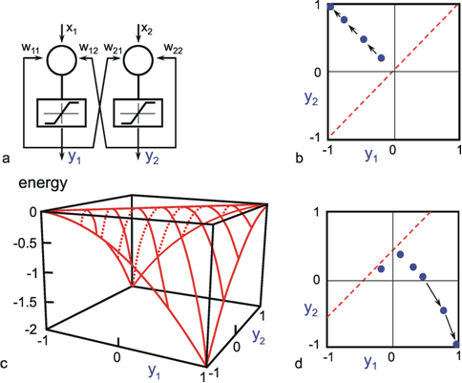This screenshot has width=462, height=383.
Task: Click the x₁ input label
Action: (71, 30)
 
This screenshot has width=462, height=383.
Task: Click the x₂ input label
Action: (147, 30)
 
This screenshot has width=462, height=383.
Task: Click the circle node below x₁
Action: (62, 59)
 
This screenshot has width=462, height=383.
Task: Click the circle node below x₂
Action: (138, 59)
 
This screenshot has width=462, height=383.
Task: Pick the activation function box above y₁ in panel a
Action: (61, 114)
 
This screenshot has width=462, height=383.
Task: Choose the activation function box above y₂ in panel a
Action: (137, 114)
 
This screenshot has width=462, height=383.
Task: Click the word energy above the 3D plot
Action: (43, 184)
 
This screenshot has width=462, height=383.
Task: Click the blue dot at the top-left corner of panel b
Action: (330, 7)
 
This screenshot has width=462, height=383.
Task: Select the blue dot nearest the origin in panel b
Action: (382, 58)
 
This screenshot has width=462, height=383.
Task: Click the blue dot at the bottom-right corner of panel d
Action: (456, 344)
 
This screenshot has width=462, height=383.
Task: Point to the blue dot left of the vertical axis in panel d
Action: (381, 269)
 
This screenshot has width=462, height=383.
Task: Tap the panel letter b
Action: (299, 158)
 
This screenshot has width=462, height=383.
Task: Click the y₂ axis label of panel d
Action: (312, 309)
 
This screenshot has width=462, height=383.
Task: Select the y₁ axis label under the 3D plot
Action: (154, 372)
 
